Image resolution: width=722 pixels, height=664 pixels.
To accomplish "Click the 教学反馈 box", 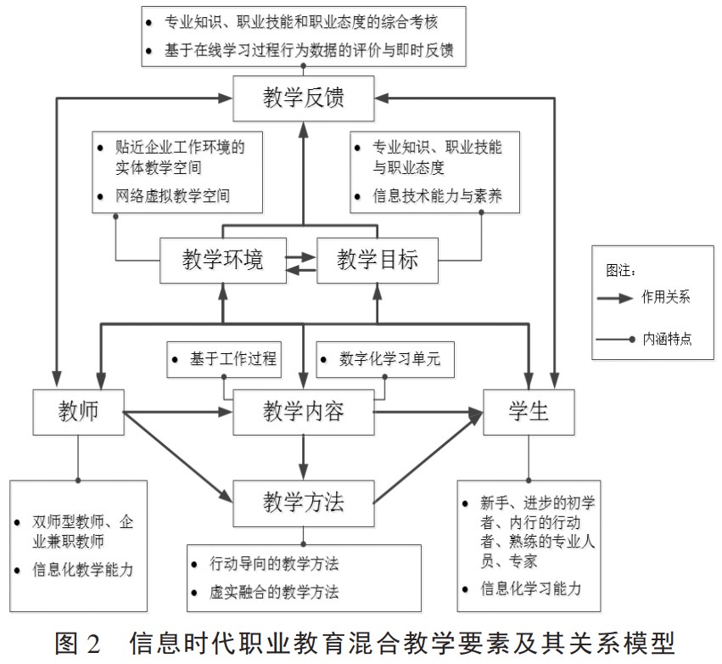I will click(x=303, y=98).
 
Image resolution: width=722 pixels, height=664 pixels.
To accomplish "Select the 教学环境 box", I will click(x=222, y=260).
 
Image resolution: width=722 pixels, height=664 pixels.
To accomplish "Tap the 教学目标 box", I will click(x=378, y=260).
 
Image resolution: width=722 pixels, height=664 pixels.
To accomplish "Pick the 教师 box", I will click(x=79, y=412).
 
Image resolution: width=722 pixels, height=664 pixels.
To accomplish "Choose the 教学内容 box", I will click(x=303, y=413).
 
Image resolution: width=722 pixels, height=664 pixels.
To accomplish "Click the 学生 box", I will click(x=529, y=412).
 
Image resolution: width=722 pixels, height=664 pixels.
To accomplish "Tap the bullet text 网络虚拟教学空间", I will click(x=174, y=197).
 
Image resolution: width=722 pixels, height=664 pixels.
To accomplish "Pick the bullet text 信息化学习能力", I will click(x=531, y=588).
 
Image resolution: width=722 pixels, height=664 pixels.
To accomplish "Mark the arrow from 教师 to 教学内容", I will click(x=178, y=413).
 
